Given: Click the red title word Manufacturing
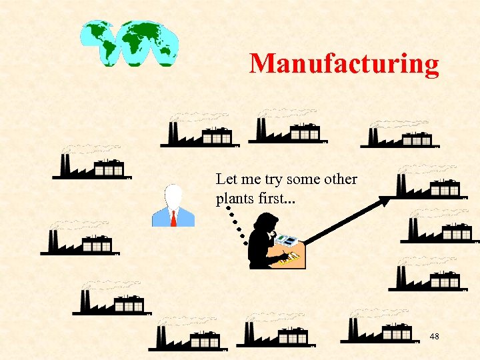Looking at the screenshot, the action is click(344, 64).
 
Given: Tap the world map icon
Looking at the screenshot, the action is click(129, 43).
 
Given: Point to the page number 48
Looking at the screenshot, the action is click(434, 336).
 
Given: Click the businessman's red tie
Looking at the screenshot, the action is click(173, 217).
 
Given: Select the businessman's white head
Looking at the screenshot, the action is click(173, 196).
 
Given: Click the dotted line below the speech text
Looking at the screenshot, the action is click(237, 219).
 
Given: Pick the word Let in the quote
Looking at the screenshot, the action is click(225, 179).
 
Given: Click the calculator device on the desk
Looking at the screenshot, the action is click(287, 239).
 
